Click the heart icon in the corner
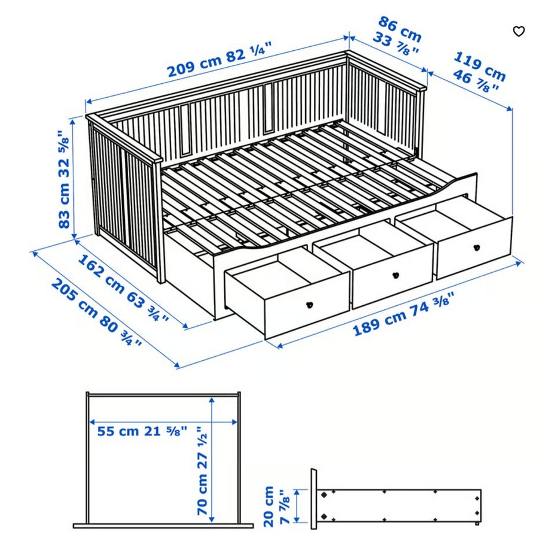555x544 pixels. [x=519, y=31]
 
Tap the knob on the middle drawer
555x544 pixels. [x=396, y=274]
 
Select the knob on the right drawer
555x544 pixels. [x=476, y=248]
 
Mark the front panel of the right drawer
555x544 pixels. [x=475, y=249]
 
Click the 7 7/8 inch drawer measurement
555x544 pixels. [x=285, y=506]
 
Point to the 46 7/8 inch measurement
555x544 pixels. [x=476, y=81]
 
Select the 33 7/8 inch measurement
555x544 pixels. [x=396, y=45]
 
